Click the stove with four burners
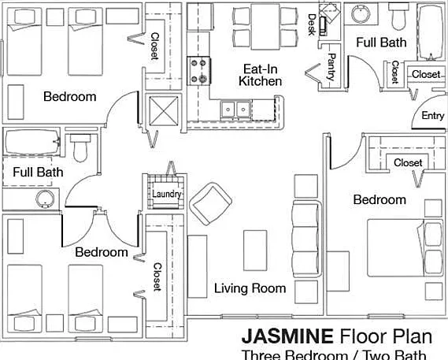199,71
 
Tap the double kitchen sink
235,109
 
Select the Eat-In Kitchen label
260,75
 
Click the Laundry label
167,194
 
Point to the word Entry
433,116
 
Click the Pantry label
331,67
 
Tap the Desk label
312,24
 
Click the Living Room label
250,288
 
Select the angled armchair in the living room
211,203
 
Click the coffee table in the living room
255,251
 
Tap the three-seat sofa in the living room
306,239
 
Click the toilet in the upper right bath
401,17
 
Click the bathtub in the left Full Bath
32,142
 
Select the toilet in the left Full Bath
80,148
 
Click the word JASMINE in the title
287,336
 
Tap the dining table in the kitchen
265,27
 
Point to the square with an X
164,110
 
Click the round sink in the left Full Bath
45,199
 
